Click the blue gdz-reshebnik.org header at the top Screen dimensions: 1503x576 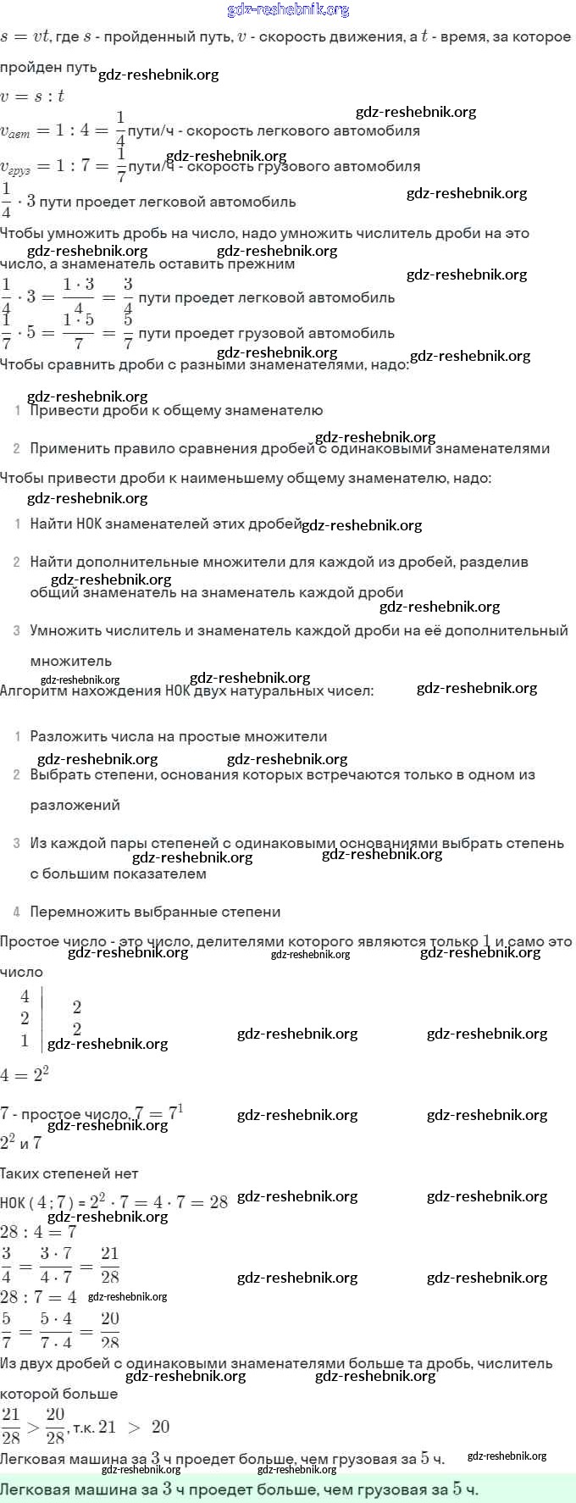288,9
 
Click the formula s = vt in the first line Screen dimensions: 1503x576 25,37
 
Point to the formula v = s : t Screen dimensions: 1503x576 32,96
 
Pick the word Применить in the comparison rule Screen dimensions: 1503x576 67,448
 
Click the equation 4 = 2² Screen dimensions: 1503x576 25,1074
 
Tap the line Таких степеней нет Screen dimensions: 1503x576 69,1173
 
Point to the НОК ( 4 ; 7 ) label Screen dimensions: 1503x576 35,1202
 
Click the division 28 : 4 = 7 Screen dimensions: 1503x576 38,1231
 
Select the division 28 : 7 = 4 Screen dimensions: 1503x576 38,1297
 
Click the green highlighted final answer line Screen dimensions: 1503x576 239,1489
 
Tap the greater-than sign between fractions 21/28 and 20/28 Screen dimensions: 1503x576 33,1427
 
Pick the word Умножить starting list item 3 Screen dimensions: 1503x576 63,630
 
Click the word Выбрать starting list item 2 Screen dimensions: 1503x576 60,774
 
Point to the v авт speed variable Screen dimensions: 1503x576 15,130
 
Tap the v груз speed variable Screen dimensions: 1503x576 15,167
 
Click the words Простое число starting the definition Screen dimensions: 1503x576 46,941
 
